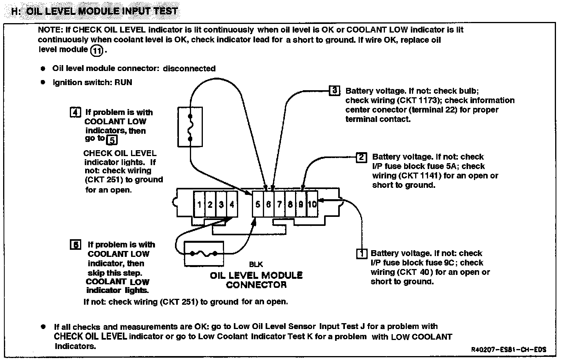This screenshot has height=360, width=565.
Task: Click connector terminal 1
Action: click(x=200, y=204)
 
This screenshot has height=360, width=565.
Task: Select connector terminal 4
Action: click(x=232, y=204)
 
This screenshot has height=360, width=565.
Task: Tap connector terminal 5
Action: click(x=258, y=204)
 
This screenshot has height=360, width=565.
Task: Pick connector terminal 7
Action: click(x=279, y=204)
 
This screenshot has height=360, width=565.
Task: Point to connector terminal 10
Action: click(x=312, y=204)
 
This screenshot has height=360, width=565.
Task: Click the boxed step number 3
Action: click(x=334, y=91)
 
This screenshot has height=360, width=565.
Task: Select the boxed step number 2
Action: click(x=361, y=157)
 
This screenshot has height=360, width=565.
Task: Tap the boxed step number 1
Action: click(x=361, y=254)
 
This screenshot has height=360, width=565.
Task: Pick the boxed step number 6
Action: click(x=75, y=245)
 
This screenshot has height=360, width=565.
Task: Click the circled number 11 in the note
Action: click(x=97, y=50)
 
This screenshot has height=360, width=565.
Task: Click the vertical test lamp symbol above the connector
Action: click(x=190, y=127)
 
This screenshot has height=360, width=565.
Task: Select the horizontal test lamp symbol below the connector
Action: click(x=204, y=254)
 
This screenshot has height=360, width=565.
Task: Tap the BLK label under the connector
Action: click(x=256, y=265)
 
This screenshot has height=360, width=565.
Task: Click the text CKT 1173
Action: click(x=419, y=100)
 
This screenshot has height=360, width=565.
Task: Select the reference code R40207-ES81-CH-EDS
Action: click(x=509, y=350)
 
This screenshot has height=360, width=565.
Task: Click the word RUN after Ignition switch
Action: click(x=123, y=82)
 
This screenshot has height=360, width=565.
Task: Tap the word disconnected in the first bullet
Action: click(x=189, y=69)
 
